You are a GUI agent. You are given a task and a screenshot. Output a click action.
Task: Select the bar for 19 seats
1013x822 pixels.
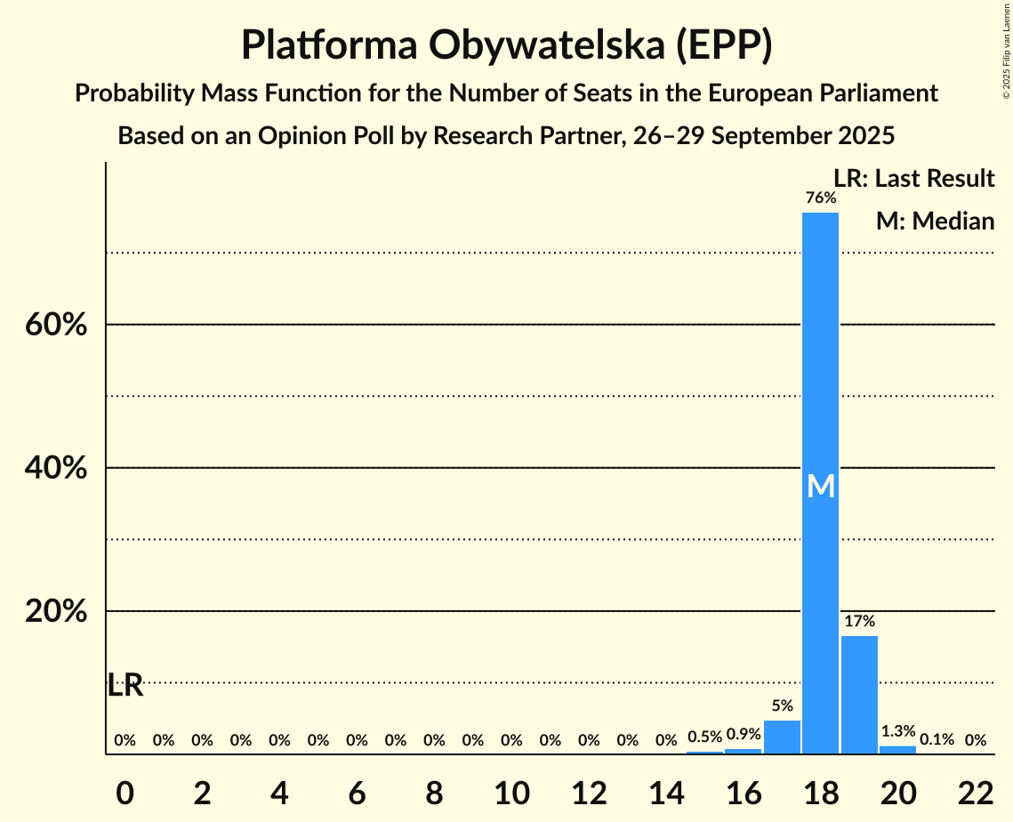pos(859,694)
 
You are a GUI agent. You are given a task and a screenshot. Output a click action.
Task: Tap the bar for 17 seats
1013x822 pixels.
pos(782,737)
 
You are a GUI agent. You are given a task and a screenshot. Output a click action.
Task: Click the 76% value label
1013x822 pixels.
pos(821,198)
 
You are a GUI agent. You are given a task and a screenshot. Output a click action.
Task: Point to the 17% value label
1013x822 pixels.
pos(859,622)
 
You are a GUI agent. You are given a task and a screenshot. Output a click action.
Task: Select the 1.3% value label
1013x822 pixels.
pos(897,731)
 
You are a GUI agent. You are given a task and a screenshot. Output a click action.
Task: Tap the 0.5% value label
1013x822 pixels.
pos(704,737)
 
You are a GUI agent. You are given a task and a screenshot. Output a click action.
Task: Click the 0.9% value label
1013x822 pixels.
pos(744,735)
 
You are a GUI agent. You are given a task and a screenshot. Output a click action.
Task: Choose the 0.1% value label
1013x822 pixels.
pos(937,739)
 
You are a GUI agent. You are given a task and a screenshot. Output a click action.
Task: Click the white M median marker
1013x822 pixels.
pos(821,486)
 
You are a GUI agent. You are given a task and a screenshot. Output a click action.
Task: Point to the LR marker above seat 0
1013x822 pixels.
pos(125,686)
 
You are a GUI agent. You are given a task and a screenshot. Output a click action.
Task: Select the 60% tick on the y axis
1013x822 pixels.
pos(56,325)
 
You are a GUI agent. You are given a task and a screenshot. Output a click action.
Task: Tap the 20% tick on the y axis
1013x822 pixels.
pos(56,612)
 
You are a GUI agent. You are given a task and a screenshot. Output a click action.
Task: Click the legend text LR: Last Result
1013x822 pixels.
pos(913,179)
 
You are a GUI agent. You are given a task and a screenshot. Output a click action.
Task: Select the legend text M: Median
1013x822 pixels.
pos(935,221)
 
